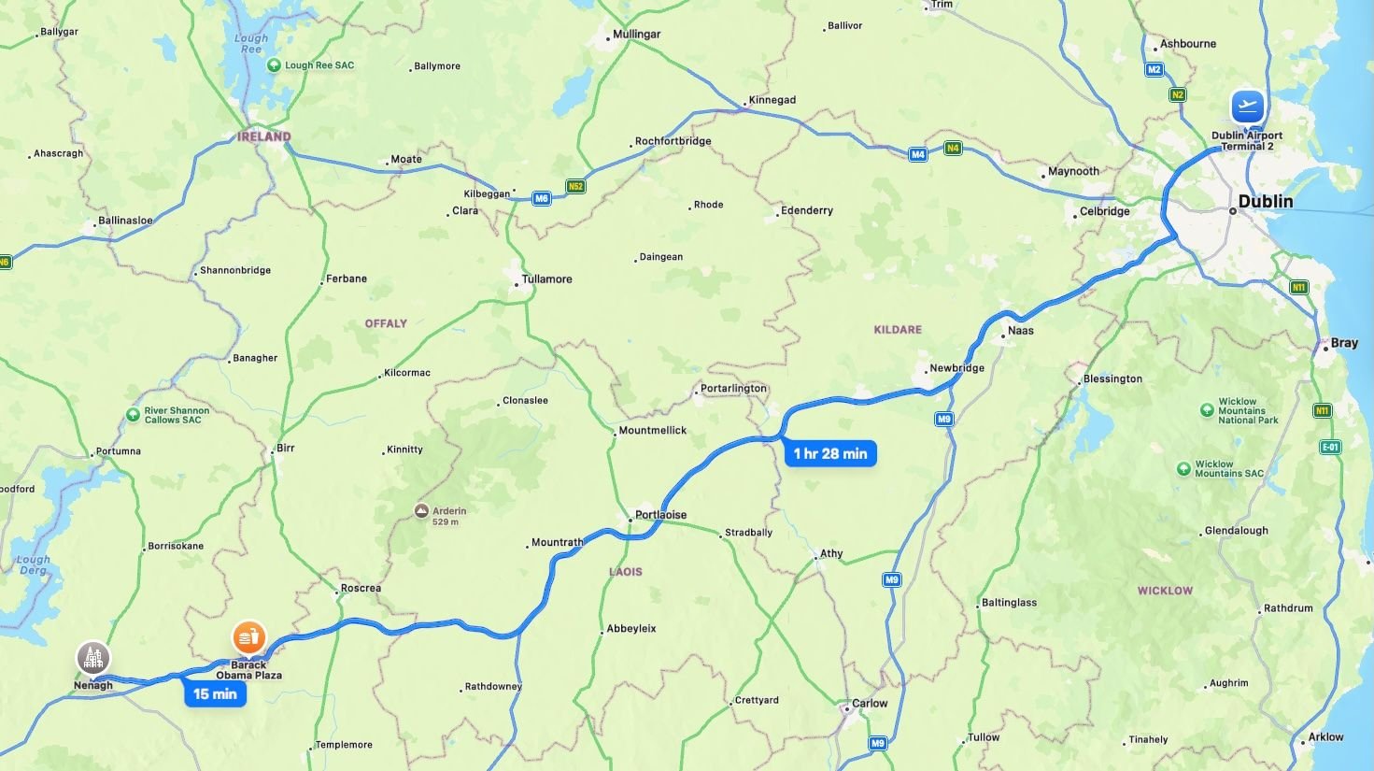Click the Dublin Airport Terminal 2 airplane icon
tap(1247, 107)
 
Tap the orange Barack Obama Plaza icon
tap(248, 638)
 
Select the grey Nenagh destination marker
tap(92, 658)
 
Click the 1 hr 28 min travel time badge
tap(829, 454)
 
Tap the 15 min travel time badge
tap(215, 694)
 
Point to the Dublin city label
tap(1265, 202)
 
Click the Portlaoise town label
tap(660, 515)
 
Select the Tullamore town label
tap(546, 279)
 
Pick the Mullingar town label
tap(636, 35)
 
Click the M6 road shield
tap(542, 198)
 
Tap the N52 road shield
tap(575, 187)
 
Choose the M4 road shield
tap(918, 155)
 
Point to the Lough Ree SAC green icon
tap(274, 65)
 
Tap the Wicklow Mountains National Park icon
tap(1207, 410)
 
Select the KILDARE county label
tap(898, 330)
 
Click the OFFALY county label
tap(386, 323)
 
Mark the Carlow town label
tap(869, 704)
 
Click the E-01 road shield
tap(1330, 448)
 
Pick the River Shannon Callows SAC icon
tap(134, 415)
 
